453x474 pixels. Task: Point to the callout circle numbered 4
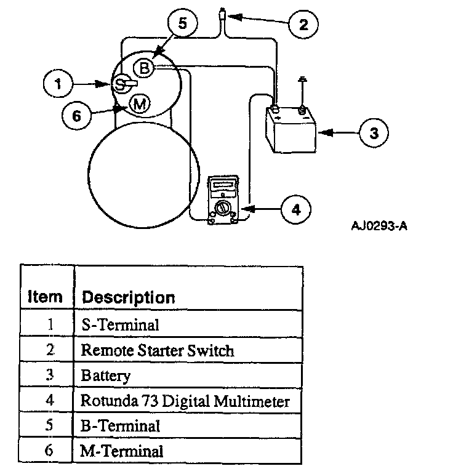pos(296,209)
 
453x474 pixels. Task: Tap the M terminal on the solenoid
pos(140,105)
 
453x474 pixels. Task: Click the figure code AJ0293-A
pos(379,226)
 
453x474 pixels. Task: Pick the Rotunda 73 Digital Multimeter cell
pos(185,401)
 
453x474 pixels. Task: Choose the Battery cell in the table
pos(106,376)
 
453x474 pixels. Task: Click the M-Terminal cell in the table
pos(122,451)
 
